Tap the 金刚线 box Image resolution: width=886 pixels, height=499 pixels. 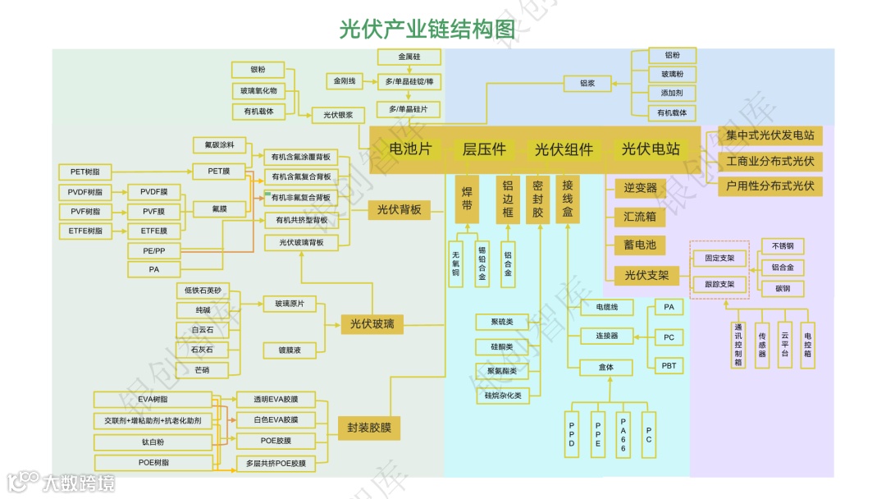point(344,81)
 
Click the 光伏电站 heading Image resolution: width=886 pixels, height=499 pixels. point(651,149)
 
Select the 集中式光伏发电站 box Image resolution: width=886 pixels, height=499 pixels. point(770,135)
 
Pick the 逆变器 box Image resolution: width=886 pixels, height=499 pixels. point(640,188)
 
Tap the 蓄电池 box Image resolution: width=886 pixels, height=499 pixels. point(640,245)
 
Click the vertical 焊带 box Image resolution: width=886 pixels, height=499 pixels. point(467,199)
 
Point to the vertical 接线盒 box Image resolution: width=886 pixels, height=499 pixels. point(567,199)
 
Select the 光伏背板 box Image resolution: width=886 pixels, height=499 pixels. point(399,210)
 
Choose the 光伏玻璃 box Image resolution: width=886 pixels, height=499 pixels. point(372,323)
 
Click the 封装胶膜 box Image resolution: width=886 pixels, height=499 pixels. point(369,428)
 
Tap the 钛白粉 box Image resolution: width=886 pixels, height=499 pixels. point(153,442)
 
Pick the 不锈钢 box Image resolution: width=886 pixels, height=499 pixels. point(783,246)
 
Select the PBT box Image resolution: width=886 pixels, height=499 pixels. point(669,365)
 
